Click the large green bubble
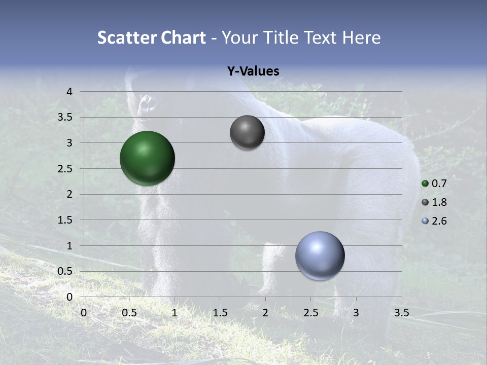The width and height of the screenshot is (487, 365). pos(147,158)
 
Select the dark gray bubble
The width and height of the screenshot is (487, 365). pos(247,132)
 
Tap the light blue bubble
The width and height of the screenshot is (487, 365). pos(320,255)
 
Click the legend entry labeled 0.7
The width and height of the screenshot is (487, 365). pos(434,184)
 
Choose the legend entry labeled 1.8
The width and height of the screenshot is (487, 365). pos(434,202)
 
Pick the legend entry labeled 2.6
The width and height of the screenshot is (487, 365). pos(434,221)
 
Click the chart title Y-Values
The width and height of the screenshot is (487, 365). pos(253,71)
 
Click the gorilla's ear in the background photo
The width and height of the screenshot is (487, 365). pos(148,104)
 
